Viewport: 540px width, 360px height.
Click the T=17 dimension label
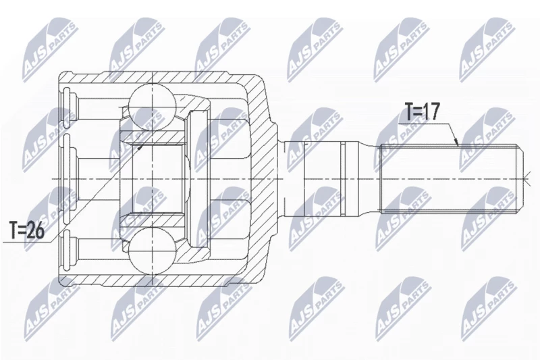point(422,111)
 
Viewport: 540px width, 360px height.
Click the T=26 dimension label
point(27,230)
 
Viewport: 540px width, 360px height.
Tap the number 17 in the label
point(432,111)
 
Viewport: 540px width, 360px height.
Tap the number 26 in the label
point(36,230)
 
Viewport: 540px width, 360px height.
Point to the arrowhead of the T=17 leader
point(456,143)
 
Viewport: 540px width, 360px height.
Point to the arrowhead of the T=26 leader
point(140,147)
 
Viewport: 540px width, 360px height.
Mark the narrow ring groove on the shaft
point(342,180)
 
